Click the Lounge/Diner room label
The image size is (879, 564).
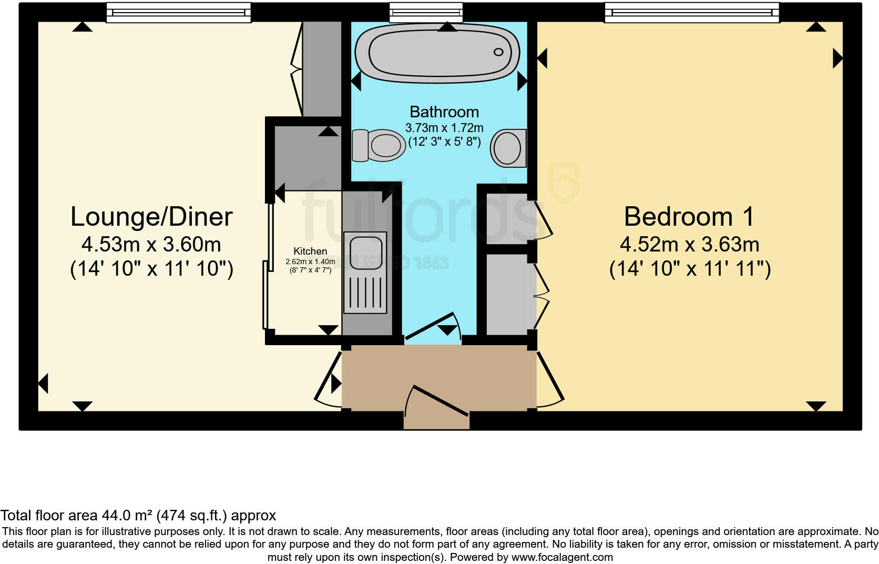click(x=151, y=217)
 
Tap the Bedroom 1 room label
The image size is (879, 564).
click(x=689, y=217)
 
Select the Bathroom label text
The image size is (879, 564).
click(x=444, y=112)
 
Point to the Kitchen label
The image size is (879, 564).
click(x=310, y=251)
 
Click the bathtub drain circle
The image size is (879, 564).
click(x=498, y=52)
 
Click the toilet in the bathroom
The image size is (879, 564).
click(x=380, y=145)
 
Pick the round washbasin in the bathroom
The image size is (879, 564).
click(x=508, y=148)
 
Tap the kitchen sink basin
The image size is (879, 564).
click(x=365, y=253)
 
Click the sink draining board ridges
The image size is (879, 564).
click(x=365, y=292)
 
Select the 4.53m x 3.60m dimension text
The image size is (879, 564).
click(x=151, y=245)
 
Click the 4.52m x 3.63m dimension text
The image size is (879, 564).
click(x=689, y=245)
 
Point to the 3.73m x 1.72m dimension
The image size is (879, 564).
click(x=444, y=128)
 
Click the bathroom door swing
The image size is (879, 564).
click(x=434, y=326)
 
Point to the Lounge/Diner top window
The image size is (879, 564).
click(x=178, y=13)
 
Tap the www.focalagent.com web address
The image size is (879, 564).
click(x=562, y=557)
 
